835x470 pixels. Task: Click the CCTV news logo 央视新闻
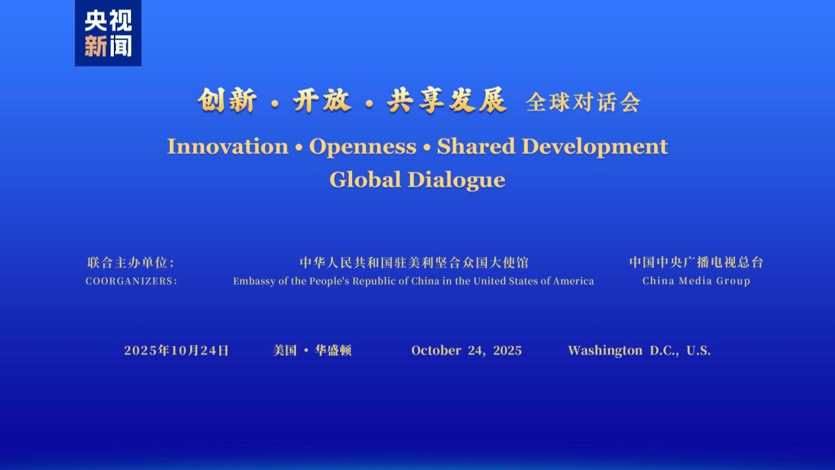click(x=108, y=33)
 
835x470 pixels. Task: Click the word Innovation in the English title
click(x=228, y=146)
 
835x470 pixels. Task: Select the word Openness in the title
click(x=363, y=147)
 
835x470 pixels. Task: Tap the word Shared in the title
click(x=476, y=146)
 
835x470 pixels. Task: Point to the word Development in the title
click(x=595, y=147)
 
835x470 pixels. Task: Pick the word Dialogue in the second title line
click(x=457, y=180)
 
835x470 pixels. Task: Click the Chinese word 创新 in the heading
click(x=227, y=101)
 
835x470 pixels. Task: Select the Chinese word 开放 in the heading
click(x=322, y=101)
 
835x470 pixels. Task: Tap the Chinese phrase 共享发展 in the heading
click(x=447, y=101)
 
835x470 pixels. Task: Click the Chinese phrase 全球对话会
click(x=583, y=103)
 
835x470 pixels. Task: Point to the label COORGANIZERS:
click(x=131, y=281)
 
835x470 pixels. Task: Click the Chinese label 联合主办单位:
click(x=130, y=263)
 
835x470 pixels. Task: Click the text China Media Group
click(x=696, y=281)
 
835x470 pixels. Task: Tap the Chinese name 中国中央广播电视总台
click(x=696, y=263)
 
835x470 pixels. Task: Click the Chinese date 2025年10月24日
click(x=176, y=351)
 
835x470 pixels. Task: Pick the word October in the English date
click(x=436, y=351)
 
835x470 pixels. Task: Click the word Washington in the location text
click(x=605, y=351)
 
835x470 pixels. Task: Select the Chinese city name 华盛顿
click(x=333, y=351)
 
